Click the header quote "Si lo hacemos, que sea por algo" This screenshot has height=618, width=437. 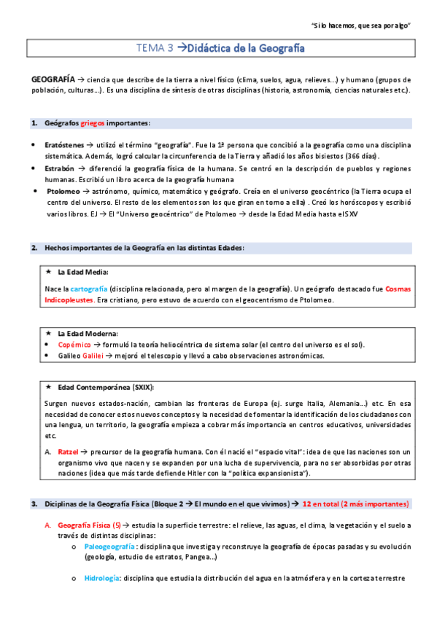(361, 26)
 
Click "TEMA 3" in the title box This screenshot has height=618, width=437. (155, 49)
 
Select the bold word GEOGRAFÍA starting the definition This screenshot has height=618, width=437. (52, 79)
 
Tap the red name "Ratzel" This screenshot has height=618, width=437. (68, 452)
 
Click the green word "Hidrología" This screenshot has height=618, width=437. (102, 579)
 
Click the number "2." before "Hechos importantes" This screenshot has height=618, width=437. (34, 247)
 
